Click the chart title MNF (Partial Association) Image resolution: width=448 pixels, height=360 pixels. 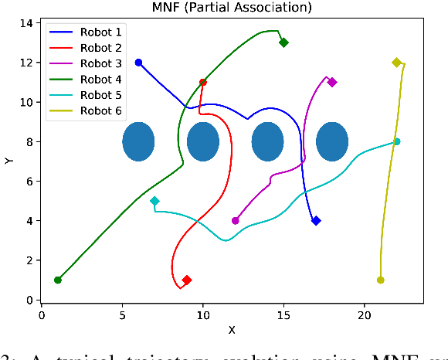[x=231, y=8]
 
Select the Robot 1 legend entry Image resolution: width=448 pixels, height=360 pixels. [x=97, y=33]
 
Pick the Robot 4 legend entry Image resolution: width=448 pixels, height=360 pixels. [x=97, y=80]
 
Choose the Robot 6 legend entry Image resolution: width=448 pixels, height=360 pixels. [x=97, y=110]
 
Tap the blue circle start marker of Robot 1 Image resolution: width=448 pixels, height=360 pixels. [x=138, y=63]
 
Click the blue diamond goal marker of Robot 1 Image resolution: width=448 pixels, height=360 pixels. [x=316, y=221]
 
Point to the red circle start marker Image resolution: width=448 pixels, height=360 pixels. [x=203, y=82]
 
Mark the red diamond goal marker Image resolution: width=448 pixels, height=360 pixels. [x=187, y=280]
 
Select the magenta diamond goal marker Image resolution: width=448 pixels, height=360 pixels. [x=332, y=82]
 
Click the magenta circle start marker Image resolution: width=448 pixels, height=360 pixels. [x=236, y=221]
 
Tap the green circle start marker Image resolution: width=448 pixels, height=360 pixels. [x=58, y=280]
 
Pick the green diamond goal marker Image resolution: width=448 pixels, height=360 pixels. [x=283, y=42]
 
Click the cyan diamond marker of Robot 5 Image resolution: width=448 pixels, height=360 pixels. [x=154, y=201]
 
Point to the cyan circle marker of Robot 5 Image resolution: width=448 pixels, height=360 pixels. [x=397, y=141]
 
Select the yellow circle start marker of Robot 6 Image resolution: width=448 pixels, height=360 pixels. [x=381, y=280]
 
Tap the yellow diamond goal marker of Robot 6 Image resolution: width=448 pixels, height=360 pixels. [x=397, y=63]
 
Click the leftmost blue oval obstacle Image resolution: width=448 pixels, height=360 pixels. [x=139, y=141]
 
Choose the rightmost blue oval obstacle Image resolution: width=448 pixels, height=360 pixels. [x=332, y=141]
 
